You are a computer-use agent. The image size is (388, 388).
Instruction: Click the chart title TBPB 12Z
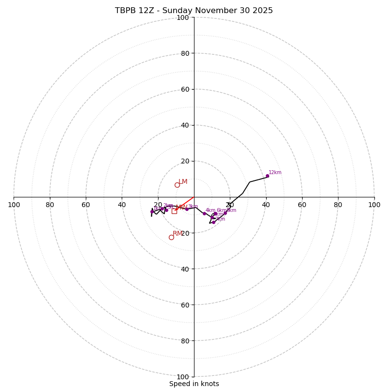click(194, 11)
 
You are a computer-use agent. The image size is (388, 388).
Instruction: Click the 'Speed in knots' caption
click(194, 384)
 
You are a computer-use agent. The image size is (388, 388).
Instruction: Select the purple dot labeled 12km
click(267, 176)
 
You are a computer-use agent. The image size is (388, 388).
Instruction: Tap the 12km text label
click(275, 173)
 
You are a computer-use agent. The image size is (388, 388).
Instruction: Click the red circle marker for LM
click(177, 185)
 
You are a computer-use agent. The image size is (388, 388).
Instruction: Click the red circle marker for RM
click(171, 237)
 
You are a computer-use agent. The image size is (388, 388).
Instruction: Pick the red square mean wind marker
click(174, 211)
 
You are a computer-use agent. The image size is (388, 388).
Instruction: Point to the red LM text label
click(183, 182)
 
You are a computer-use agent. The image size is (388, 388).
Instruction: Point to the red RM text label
click(178, 234)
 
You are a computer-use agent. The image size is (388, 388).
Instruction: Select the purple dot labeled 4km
click(204, 213)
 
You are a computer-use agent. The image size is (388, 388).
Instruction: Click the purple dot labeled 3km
click(187, 209)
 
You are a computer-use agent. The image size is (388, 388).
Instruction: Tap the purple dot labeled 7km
click(213, 222)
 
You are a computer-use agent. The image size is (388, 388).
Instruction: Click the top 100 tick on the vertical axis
click(183, 18)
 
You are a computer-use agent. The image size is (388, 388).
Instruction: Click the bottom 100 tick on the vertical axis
click(183, 377)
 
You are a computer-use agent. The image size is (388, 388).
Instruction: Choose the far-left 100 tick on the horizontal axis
click(14, 205)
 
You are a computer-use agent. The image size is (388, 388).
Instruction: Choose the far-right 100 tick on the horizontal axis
click(374, 205)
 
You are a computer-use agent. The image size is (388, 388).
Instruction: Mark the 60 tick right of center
click(302, 205)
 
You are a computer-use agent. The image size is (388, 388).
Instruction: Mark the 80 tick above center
click(184, 54)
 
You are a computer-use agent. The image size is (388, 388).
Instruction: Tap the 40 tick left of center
click(122, 205)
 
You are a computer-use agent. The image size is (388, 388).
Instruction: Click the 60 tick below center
click(184, 305)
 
